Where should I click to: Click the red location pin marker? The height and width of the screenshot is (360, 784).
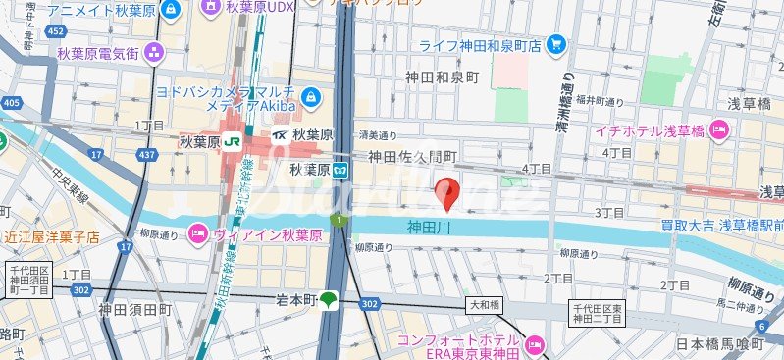(448, 192)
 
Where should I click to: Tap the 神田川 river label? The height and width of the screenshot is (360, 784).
(428, 227)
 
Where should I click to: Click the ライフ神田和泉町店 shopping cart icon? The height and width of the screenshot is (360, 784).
(556, 44)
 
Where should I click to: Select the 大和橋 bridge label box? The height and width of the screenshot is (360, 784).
(483, 305)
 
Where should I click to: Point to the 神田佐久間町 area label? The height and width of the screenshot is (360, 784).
(413, 157)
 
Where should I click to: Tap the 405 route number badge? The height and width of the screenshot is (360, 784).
(12, 102)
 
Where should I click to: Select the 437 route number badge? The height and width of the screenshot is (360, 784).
(147, 155)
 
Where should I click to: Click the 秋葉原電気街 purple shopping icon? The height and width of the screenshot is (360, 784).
(154, 53)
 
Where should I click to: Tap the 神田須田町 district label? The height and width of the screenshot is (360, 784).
(134, 310)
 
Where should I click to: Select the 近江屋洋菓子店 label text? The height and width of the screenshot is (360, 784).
(50, 236)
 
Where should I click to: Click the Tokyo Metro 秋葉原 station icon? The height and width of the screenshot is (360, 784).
(340, 170)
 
